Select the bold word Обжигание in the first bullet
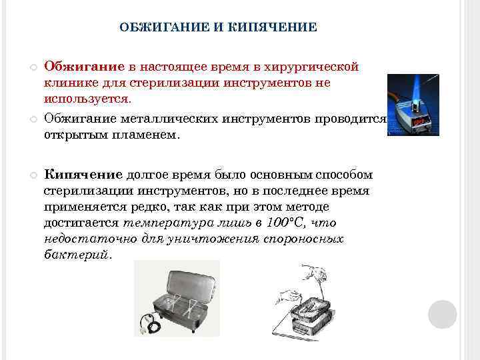tap(85, 67)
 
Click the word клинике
tap(69, 83)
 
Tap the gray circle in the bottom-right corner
tap(442, 314)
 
